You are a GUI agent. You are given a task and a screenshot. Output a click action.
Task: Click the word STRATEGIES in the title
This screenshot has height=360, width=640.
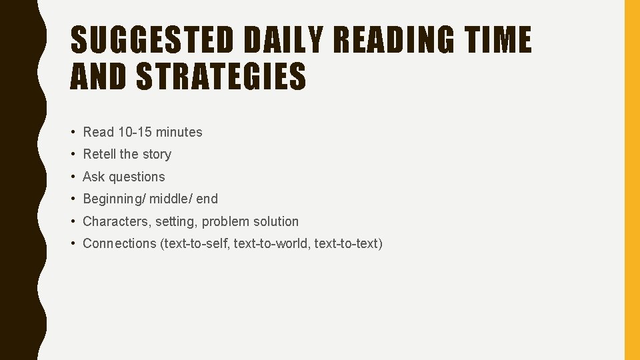coord(221,76)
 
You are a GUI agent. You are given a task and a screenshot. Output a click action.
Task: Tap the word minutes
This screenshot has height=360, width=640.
coord(179,132)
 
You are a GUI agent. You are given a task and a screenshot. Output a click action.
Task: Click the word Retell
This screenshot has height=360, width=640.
coord(99,154)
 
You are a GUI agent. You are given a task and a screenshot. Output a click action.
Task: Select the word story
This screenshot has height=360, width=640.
coord(156,154)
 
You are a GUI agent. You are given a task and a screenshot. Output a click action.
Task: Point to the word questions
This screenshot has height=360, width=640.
coord(137,177)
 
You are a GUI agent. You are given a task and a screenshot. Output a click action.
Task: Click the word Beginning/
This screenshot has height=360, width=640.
coord(114,199)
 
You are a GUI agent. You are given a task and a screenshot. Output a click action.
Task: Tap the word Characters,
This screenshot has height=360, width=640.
coord(117,221)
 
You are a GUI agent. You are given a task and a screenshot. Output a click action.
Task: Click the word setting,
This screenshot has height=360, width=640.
coord(176,221)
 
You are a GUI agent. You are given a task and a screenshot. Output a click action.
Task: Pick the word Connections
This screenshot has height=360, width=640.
coord(119,243)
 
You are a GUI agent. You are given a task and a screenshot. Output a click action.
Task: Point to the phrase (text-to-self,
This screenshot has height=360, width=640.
coord(195,243)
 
